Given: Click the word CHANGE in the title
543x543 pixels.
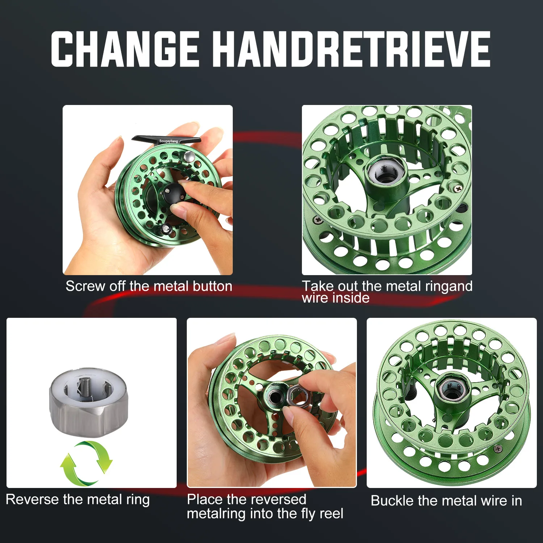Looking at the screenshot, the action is tap(125, 49).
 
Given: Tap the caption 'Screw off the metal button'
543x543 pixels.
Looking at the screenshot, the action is tap(149, 286).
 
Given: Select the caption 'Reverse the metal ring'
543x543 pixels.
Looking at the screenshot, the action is tap(78, 500).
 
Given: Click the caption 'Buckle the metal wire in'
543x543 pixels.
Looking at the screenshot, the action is tap(446, 501).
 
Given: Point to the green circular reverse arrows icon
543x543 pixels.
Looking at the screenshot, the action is tap(86, 463).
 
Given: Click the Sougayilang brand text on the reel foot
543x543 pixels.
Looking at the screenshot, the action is tap(169, 141).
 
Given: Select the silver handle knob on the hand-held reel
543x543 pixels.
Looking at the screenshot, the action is tap(189, 156).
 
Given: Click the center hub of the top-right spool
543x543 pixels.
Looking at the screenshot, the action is tap(385, 171).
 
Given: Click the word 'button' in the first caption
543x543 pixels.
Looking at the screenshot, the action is tap(212, 286).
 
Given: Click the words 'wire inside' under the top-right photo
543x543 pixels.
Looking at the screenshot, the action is tap(336, 298).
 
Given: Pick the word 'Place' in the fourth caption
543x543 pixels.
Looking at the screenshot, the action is tap(205, 500).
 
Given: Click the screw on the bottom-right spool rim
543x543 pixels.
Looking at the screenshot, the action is tap(498, 449).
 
